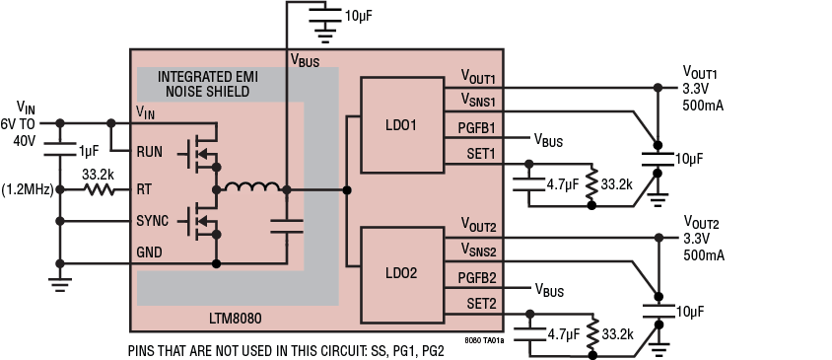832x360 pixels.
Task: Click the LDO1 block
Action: (x=401, y=126)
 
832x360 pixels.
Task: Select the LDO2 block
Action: (x=401, y=273)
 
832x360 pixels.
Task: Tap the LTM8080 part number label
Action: (x=236, y=319)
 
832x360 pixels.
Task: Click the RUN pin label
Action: (x=150, y=152)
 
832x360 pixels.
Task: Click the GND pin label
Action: (x=150, y=252)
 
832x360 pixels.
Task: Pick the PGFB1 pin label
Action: (x=478, y=127)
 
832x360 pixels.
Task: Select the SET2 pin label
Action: (x=480, y=303)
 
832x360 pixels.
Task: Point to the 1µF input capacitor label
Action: (x=89, y=151)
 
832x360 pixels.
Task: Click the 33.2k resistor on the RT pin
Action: (x=99, y=187)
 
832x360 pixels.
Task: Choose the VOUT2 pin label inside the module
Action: (x=478, y=225)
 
